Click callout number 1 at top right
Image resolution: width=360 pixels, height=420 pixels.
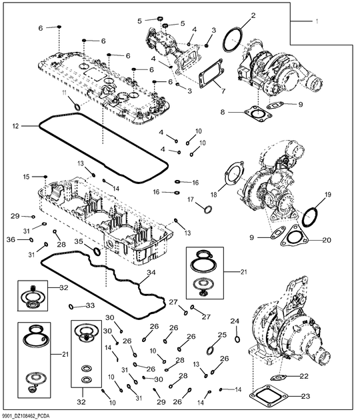(317, 21)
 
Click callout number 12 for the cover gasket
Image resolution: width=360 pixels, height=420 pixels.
(15, 125)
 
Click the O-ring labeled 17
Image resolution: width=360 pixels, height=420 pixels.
(207, 211)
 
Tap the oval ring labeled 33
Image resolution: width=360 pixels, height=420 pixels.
(71, 307)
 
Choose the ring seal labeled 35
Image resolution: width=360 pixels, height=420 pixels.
(97, 251)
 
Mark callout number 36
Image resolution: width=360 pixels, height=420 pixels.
(11, 239)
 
